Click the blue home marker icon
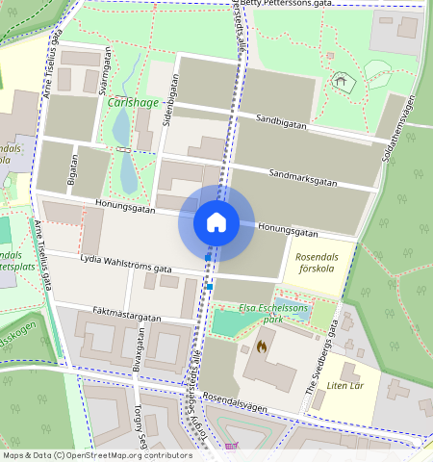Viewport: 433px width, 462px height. click(x=216, y=223)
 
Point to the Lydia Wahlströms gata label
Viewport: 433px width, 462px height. click(x=126, y=264)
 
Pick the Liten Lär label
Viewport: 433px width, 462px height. click(x=347, y=387)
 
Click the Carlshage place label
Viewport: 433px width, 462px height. click(x=133, y=104)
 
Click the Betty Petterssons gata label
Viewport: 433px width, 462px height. click(x=286, y=4)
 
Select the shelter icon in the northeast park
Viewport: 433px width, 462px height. click(x=338, y=82)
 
